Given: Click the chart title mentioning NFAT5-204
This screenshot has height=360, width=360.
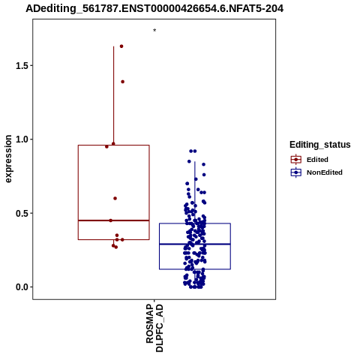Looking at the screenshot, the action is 154,8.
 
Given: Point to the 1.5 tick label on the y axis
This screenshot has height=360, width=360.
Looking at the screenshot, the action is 21,65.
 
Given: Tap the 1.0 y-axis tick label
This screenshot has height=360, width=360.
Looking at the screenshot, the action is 21,139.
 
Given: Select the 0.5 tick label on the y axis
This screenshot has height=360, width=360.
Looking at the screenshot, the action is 21,213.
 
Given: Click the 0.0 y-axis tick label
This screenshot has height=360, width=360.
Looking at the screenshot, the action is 21,287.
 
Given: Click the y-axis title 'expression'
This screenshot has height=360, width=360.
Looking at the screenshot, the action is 8,159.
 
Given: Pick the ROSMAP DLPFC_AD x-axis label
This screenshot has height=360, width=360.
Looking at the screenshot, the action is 154,328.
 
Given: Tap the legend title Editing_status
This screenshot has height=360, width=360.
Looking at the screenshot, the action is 320,145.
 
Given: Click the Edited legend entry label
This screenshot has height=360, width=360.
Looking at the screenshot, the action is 317,160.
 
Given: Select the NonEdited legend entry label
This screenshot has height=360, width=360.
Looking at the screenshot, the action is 325,172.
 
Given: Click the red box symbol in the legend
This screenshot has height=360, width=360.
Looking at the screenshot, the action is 296,160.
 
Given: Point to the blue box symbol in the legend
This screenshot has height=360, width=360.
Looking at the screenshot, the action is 296,172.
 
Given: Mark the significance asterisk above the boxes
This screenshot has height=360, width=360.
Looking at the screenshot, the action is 154,31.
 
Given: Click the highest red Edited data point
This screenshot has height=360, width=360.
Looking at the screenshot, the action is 121,46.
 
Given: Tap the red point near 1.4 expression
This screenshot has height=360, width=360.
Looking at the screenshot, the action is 123,82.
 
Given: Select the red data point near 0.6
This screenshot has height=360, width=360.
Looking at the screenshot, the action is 115,199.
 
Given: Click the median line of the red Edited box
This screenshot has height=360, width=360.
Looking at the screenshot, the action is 114,220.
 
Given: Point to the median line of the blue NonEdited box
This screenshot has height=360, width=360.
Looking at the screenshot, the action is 195,244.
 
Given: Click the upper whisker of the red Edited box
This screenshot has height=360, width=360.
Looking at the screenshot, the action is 114,96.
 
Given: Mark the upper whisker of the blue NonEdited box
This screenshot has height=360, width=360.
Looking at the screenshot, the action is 195,193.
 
